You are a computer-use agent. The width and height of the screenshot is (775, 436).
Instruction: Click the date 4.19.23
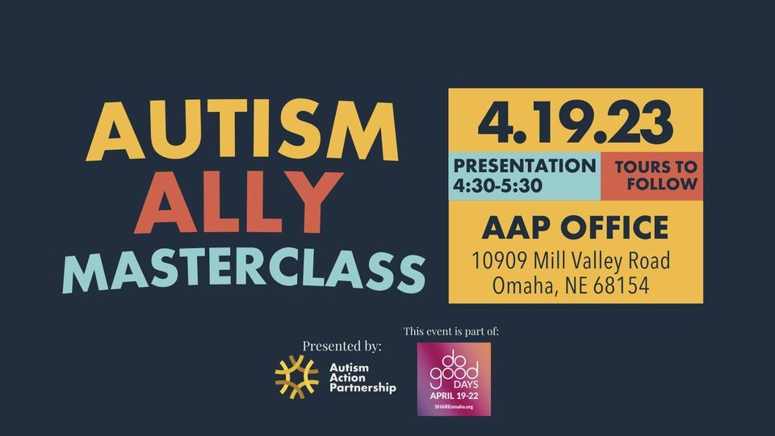click(x=576, y=121)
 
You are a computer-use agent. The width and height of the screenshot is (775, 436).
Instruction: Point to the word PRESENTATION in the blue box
click(x=525, y=166)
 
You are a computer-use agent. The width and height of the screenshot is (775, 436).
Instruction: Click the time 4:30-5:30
click(x=496, y=185)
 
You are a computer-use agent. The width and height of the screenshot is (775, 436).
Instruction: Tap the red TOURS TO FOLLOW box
click(x=656, y=175)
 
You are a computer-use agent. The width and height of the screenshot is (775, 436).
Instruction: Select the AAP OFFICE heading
click(x=575, y=228)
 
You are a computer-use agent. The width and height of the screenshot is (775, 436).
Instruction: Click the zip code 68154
click(x=620, y=285)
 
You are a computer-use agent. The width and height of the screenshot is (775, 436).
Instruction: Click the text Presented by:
click(x=341, y=346)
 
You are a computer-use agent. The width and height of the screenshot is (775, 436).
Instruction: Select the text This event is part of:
click(x=456, y=331)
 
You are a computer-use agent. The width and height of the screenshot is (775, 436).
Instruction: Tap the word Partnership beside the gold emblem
click(x=363, y=388)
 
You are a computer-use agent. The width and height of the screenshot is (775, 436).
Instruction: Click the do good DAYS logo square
click(x=454, y=378)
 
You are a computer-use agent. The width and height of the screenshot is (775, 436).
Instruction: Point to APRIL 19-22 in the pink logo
click(x=454, y=397)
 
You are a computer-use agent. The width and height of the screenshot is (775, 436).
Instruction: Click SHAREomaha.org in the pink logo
click(x=454, y=408)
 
